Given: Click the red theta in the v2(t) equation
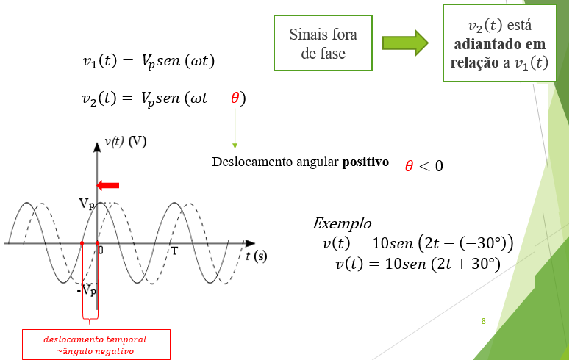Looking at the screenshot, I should (235, 98).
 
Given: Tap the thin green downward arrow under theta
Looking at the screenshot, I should (235, 129).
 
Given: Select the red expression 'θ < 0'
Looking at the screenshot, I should (423, 166).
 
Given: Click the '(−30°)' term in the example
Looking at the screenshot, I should (473, 243).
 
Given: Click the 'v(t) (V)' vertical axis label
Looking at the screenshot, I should (125, 141).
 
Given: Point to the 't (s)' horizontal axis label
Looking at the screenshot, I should (257, 256).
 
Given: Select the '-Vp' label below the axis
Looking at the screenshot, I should (86, 291).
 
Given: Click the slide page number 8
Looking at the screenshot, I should (483, 321).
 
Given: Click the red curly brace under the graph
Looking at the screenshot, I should (89, 318).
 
